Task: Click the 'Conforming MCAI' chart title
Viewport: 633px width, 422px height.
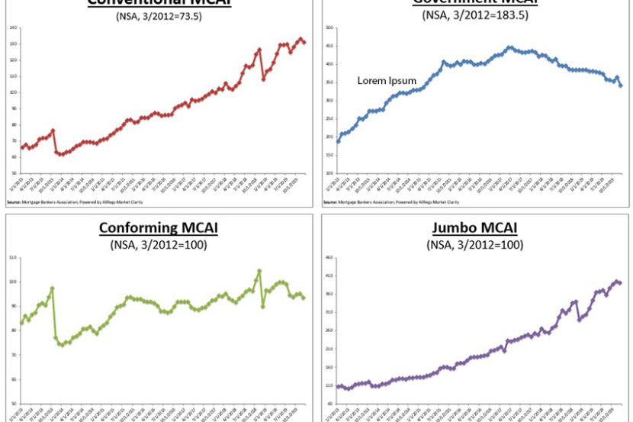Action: (x=159, y=229)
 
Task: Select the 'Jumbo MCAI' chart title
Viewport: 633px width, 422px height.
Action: (x=475, y=229)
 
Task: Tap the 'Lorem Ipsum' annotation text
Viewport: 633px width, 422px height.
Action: (x=388, y=80)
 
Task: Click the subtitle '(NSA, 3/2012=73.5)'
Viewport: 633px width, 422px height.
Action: (x=159, y=15)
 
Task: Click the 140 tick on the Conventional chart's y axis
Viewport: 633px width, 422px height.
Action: (x=14, y=27)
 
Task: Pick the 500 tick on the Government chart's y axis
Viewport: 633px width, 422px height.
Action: (x=329, y=27)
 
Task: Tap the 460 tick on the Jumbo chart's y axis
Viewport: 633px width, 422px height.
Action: (x=329, y=257)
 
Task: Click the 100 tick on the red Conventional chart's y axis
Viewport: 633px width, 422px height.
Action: (x=14, y=92)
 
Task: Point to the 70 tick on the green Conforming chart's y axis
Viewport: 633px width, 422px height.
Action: (x=13, y=355)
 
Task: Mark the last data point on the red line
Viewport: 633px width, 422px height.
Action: (x=304, y=43)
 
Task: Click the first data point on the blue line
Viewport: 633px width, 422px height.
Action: (x=338, y=141)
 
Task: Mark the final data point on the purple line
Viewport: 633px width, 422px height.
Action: (x=620, y=283)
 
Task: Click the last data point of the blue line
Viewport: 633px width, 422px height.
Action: (x=621, y=85)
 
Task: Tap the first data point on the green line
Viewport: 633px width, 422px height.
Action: (x=21, y=323)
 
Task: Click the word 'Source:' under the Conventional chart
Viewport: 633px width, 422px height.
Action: (x=12, y=202)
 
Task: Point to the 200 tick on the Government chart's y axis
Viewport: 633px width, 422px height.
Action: (x=329, y=137)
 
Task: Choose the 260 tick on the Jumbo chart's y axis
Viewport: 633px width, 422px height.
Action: (x=329, y=330)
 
